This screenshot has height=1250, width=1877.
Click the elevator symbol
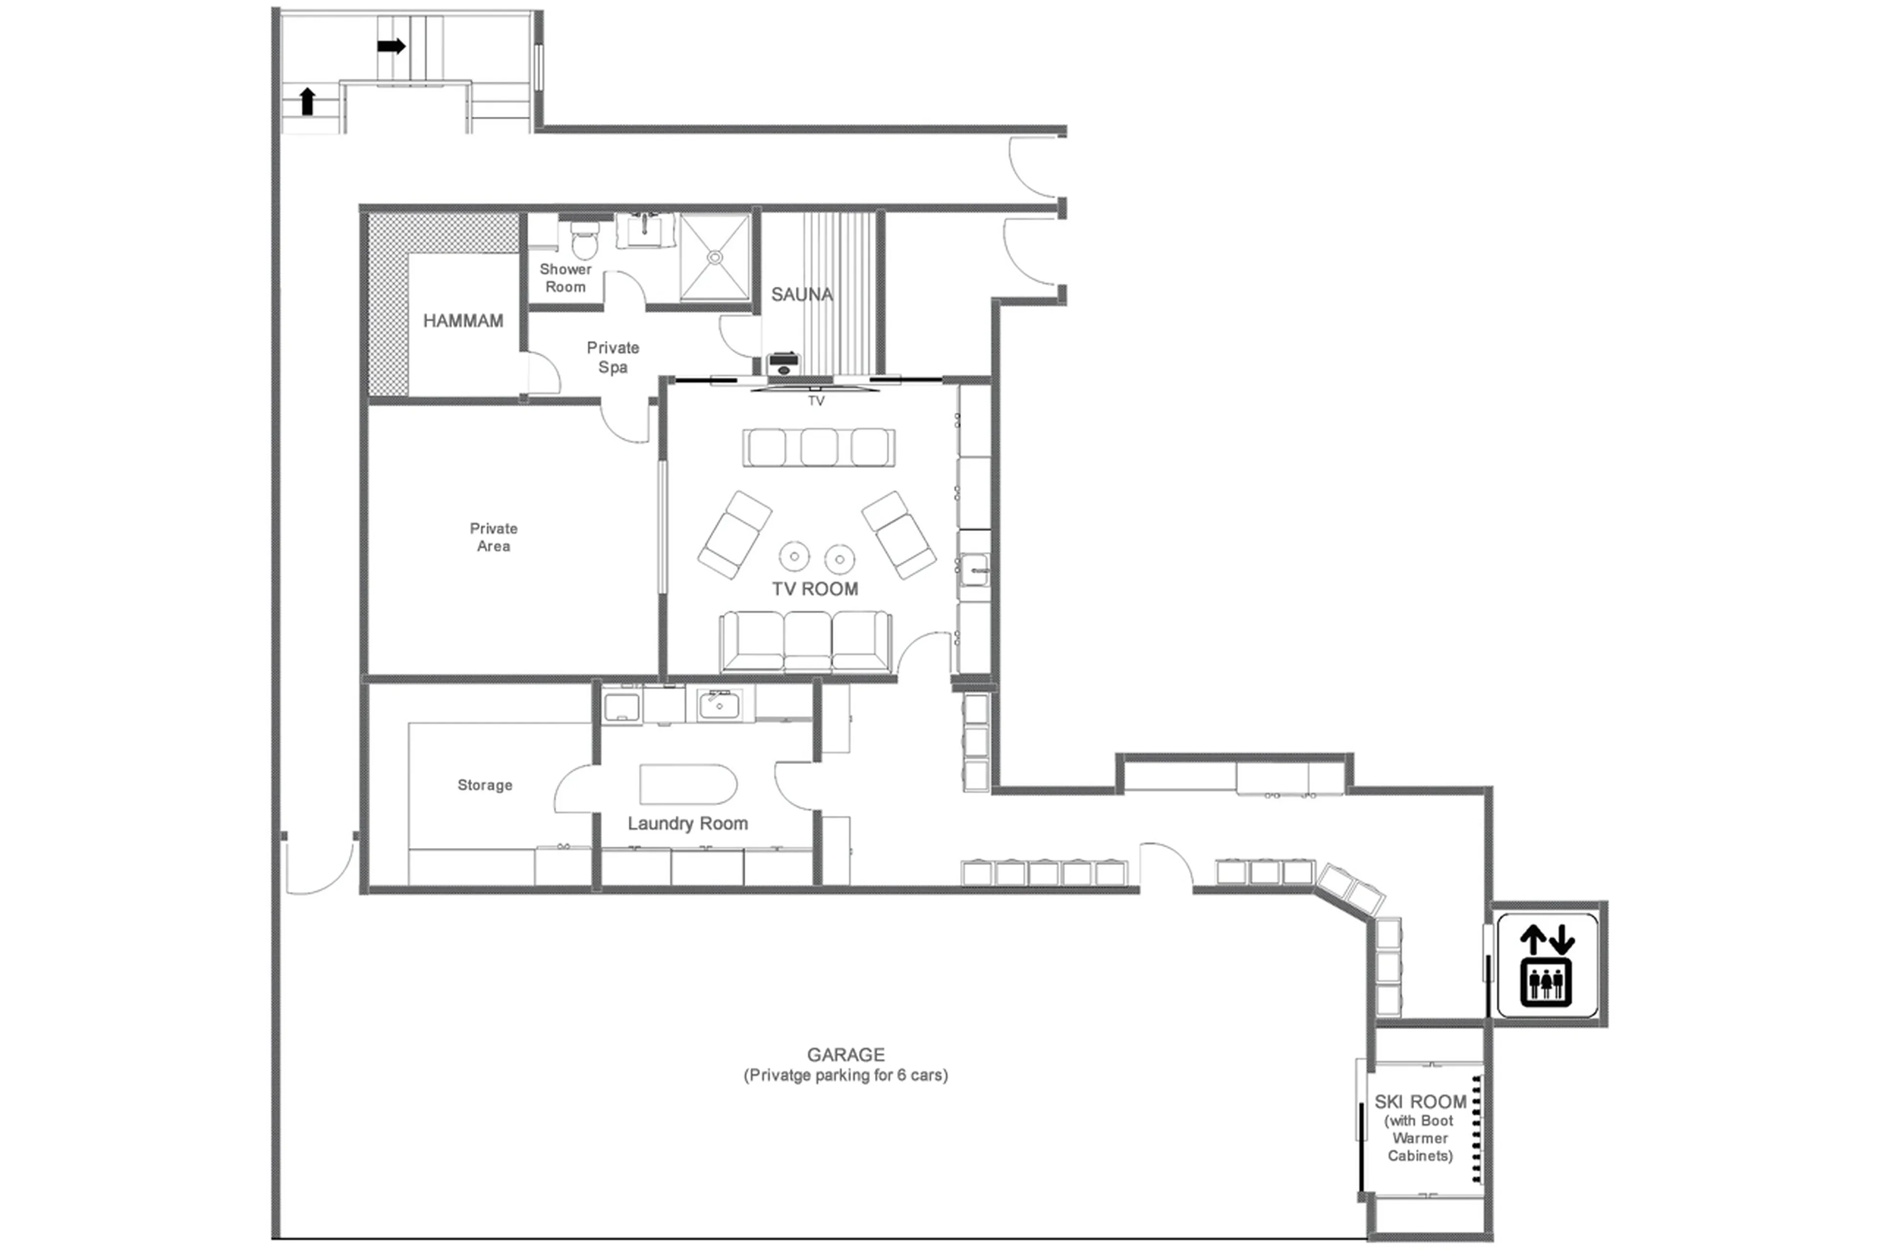coord(1546,965)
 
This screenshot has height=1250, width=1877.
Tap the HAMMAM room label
coord(463,320)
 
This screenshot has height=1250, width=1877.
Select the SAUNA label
coord(802,294)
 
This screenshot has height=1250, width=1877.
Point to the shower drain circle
coord(715,257)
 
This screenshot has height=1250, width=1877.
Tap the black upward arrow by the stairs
coord(307,101)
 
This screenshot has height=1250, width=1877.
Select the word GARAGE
coord(846,1055)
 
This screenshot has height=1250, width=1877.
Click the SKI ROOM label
coord(1420,1102)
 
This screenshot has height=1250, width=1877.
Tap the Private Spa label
coord(612,357)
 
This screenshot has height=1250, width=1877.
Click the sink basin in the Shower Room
coord(645,231)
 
